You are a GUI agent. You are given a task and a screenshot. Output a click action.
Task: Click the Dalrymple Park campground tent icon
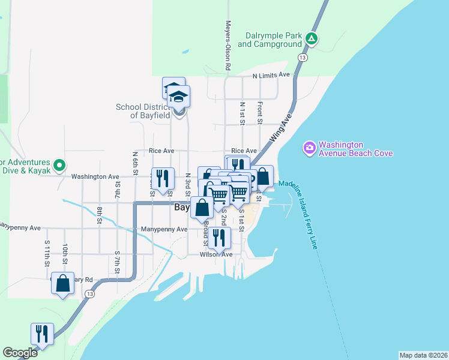[311, 38]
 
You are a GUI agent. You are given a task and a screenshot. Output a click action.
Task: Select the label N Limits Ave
[271, 75]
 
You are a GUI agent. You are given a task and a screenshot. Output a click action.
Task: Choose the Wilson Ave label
[216, 254]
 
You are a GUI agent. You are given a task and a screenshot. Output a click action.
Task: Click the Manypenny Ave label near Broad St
[164, 229]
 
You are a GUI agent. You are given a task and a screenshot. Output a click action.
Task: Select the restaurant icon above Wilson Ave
[218, 237]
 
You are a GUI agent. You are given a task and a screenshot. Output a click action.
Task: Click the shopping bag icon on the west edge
[62, 284]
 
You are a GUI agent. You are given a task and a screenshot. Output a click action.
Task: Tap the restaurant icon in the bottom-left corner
[42, 334]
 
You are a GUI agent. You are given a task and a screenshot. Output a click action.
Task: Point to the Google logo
[20, 353]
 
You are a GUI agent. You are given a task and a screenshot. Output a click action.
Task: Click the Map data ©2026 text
[423, 355]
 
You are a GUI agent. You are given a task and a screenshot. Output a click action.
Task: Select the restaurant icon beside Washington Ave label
[163, 178]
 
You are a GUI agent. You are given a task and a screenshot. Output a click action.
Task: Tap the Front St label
[260, 113]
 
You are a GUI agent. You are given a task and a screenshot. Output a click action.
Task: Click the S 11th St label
[47, 253]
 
